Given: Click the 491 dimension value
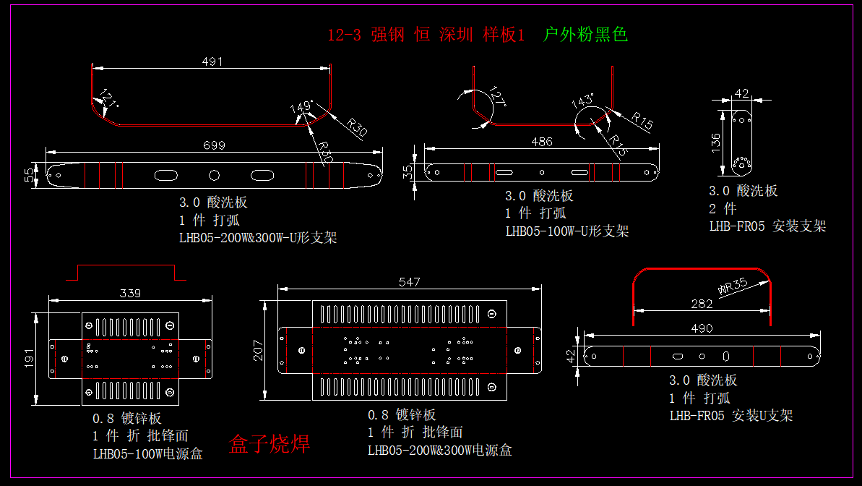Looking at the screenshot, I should click(212, 62).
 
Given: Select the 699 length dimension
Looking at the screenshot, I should click(214, 145).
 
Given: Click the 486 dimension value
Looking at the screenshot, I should click(542, 142).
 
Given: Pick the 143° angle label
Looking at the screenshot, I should click(582, 101).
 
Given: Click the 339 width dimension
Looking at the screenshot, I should click(130, 293).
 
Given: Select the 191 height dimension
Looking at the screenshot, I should click(30, 358).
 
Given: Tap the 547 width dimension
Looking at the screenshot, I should click(409, 282).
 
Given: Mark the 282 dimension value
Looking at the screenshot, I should click(702, 304).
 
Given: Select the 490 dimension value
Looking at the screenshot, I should click(702, 328).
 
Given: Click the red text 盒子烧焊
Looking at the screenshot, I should click(270, 444).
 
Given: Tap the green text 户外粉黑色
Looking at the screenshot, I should click(585, 34).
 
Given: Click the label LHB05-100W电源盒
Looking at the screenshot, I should click(147, 454).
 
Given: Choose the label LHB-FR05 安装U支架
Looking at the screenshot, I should click(730, 415).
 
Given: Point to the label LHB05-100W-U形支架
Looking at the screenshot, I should click(566, 231).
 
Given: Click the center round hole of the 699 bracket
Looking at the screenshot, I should click(214, 175).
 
